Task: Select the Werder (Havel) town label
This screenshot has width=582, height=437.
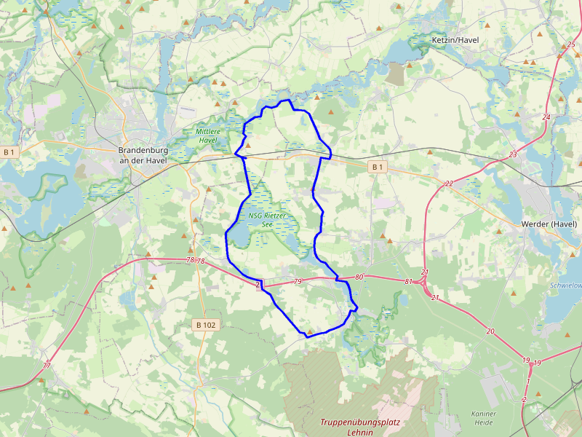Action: click(x=549, y=224)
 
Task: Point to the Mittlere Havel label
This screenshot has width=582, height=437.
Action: click(x=207, y=135)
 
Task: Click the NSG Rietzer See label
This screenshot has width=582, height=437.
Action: click(x=267, y=219)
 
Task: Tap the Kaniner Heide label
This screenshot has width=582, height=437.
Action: click(x=484, y=418)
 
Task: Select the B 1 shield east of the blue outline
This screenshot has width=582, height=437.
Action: click(x=377, y=167)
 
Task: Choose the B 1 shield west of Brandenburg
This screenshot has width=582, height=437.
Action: click(x=9, y=152)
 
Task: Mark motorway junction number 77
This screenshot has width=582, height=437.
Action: click(x=47, y=365)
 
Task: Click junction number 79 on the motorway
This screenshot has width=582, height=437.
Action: click(x=297, y=281)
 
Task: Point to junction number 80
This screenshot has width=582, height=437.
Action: click(x=359, y=277)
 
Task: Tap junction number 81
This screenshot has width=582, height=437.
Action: click(x=408, y=281)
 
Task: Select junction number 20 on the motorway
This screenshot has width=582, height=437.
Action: click(x=490, y=331)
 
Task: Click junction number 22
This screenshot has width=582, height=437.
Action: click(x=449, y=184)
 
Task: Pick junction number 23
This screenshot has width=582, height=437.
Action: click(x=513, y=154)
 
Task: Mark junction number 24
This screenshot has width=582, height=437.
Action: click(x=546, y=117)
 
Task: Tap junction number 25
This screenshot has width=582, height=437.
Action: click(x=570, y=45)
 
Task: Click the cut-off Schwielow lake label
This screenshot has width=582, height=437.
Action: click(x=566, y=286)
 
